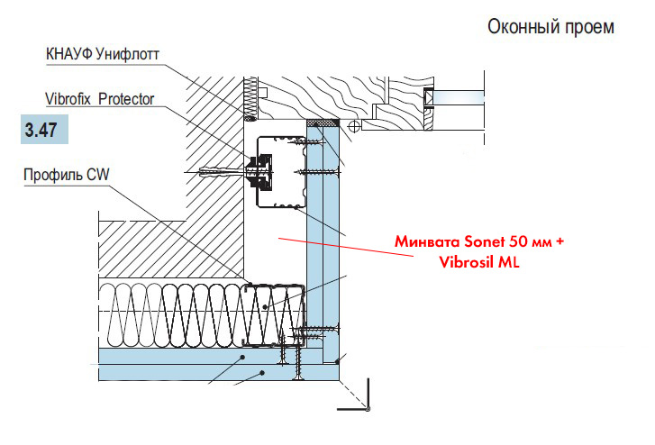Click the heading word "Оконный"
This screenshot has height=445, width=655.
click(x=520, y=27)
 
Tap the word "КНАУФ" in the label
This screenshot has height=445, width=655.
click(x=68, y=55)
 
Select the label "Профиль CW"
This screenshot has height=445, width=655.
click(x=66, y=174)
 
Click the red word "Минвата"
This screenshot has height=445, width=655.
click(x=426, y=243)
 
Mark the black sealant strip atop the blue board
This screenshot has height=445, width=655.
click(x=322, y=122)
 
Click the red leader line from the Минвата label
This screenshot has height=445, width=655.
click(x=342, y=248)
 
